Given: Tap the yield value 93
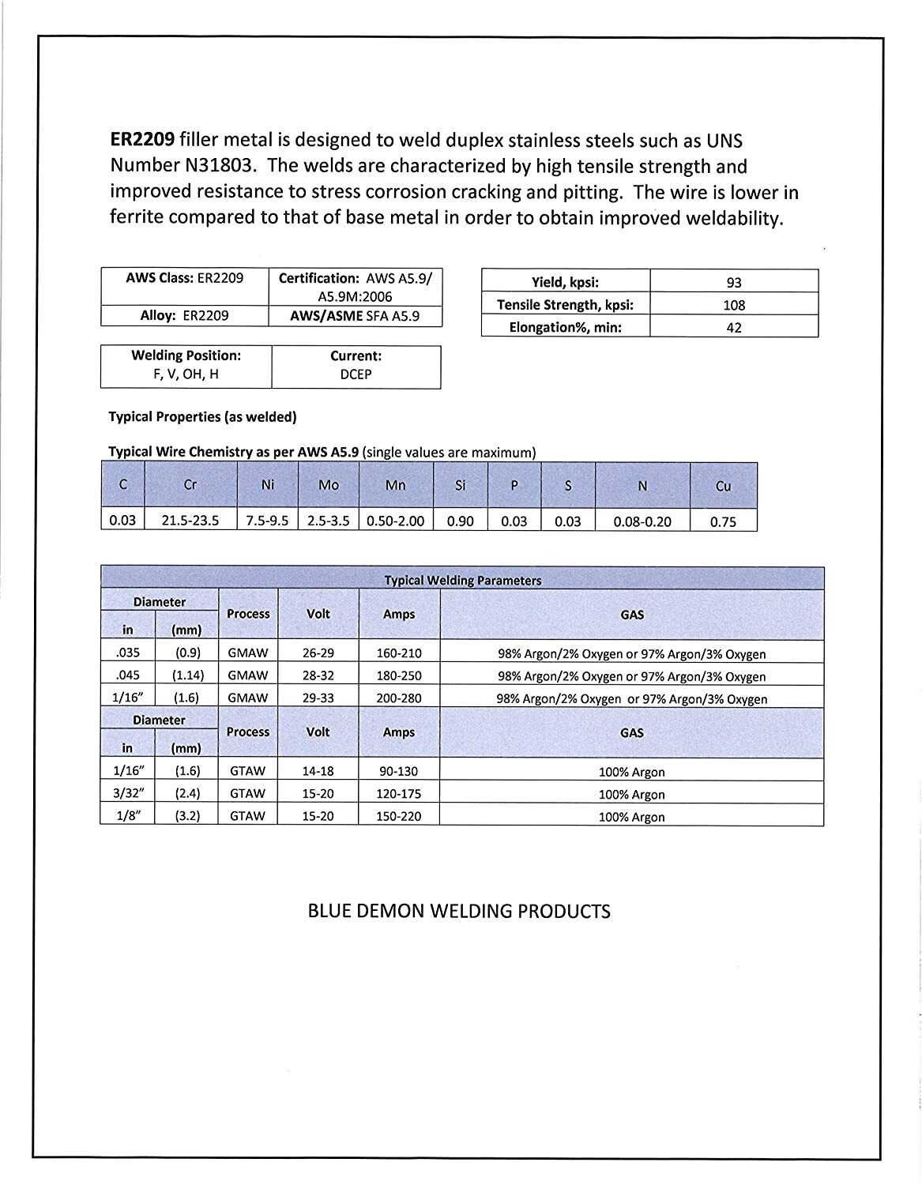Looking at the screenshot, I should click(734, 283).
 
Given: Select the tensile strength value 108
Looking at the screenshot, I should click(734, 305).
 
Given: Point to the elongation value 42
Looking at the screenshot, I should click(734, 327).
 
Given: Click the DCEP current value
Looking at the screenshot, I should click(356, 374).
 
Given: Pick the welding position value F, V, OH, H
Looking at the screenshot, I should click(186, 374).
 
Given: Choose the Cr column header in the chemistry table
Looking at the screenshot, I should click(190, 485).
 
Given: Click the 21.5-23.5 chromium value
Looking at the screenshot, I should click(190, 521).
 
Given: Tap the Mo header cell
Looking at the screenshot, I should click(328, 485).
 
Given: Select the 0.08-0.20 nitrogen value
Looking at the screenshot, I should click(642, 521).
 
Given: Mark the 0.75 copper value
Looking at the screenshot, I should click(723, 521).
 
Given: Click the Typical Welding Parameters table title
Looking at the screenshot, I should click(462, 580).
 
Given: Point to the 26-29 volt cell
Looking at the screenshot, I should click(318, 653).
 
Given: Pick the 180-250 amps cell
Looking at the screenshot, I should click(399, 675).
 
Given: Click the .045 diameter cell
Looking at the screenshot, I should click(126, 675).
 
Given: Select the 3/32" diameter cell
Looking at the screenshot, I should click(126, 793).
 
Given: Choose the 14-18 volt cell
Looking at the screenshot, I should click(318, 770).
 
